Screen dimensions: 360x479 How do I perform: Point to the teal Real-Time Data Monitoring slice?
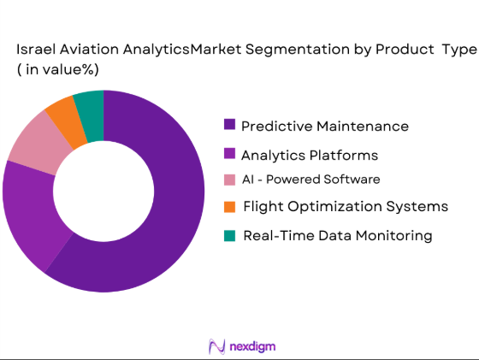click(x=90, y=105)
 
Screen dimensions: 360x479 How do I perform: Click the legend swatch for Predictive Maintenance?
click(x=229, y=125)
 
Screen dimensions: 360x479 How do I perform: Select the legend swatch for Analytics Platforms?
click(x=229, y=155)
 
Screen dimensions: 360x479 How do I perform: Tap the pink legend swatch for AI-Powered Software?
click(x=229, y=180)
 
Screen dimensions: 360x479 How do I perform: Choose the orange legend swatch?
click(x=229, y=206)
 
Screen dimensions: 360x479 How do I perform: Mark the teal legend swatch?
click(x=229, y=235)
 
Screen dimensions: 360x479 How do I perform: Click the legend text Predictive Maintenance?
click(x=325, y=126)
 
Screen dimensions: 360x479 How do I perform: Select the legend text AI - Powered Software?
click(x=310, y=180)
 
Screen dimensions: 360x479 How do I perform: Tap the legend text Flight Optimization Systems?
click(x=345, y=206)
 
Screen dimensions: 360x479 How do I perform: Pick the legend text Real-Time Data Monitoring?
click(x=337, y=235)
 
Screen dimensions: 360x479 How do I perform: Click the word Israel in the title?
click(x=34, y=50)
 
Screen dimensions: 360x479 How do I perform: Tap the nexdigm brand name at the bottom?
click(x=253, y=345)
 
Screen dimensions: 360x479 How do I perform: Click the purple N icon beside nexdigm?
click(x=216, y=345)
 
